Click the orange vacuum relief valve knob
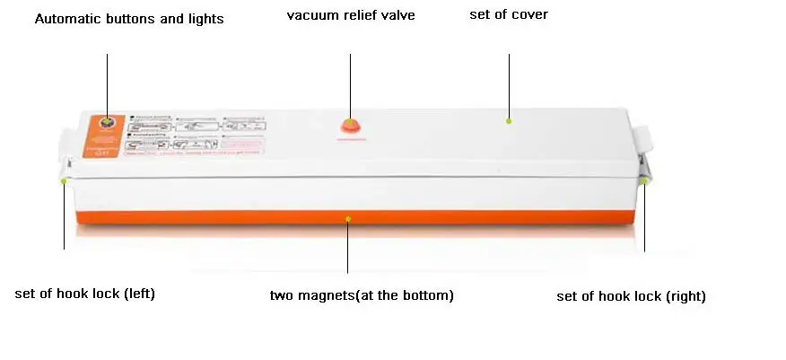coord(350,127)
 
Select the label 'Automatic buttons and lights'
coord(129,19)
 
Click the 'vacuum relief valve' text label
coord(351,15)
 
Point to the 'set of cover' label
coord(509,14)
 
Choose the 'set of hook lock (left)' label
coord(85,294)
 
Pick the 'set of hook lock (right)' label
coord(631,296)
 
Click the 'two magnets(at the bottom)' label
coord(362,295)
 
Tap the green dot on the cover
coord(509,120)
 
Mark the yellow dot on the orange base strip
coord(348,215)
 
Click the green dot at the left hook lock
coord(65,180)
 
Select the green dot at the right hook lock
coord(644,180)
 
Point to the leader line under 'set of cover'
coord(509,81)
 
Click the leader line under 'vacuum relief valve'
coord(350,81)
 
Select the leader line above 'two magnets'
coord(348,247)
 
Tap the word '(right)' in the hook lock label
coord(686,296)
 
